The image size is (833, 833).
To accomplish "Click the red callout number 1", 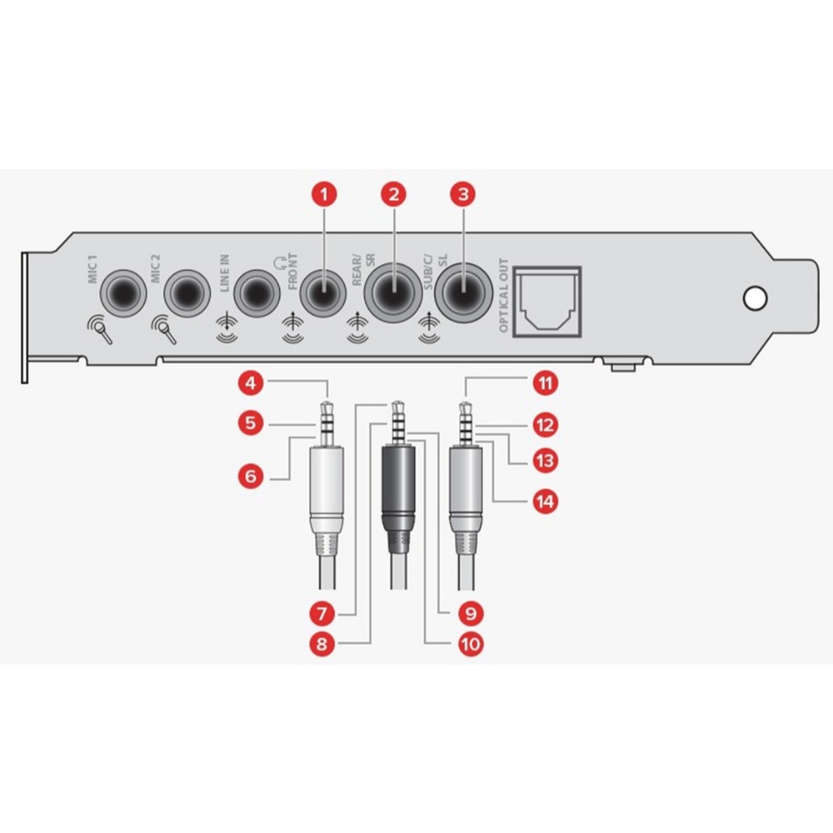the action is [x=324, y=194].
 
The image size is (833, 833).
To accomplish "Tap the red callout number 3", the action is [x=463, y=194].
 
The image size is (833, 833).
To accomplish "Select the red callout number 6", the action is [x=251, y=476].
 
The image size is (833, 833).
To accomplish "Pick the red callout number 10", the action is [x=471, y=644].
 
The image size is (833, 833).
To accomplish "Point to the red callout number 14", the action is [x=545, y=501].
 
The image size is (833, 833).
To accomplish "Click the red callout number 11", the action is [x=545, y=383].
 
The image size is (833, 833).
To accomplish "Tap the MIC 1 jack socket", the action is [x=124, y=293].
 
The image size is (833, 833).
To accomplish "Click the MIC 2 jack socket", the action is [x=187, y=293].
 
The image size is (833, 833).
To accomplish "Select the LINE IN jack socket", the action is [x=257, y=293].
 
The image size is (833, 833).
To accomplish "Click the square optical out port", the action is [x=547, y=303].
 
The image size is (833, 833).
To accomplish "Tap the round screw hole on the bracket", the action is [x=755, y=298].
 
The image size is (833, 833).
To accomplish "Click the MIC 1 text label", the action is [x=92, y=269].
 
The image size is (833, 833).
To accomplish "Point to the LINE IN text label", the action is [x=225, y=273].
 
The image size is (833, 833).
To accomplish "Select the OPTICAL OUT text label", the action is [x=503, y=296].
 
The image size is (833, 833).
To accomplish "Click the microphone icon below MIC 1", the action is [x=99, y=330].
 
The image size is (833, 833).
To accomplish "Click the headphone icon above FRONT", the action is [x=280, y=263].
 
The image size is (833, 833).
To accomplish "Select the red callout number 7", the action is [x=322, y=614].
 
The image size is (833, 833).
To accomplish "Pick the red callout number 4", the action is [x=251, y=383].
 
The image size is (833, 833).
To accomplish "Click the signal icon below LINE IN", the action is [x=228, y=330].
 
